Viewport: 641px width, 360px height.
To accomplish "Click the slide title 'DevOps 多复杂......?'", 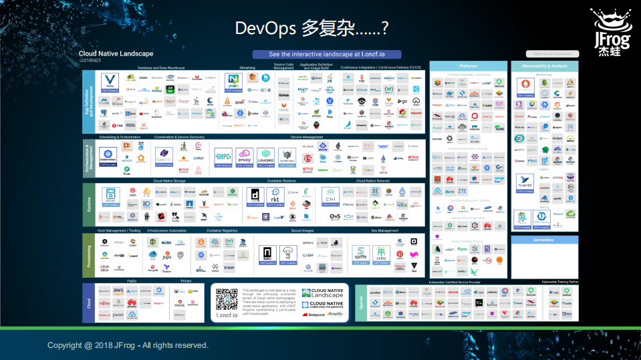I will point(312,28).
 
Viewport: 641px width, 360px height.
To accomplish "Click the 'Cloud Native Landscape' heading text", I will point(116,53).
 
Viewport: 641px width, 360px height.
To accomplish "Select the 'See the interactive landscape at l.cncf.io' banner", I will point(326,54).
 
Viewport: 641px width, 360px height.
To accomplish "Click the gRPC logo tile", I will point(223,157).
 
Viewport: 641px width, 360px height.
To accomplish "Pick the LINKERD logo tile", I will point(265,157).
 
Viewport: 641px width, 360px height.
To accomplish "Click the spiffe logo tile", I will point(361,254).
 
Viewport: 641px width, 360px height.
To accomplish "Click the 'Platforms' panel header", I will point(468,66).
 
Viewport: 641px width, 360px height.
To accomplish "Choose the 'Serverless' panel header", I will point(543,240).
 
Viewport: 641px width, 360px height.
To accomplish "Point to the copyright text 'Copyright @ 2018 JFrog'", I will point(128,345).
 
